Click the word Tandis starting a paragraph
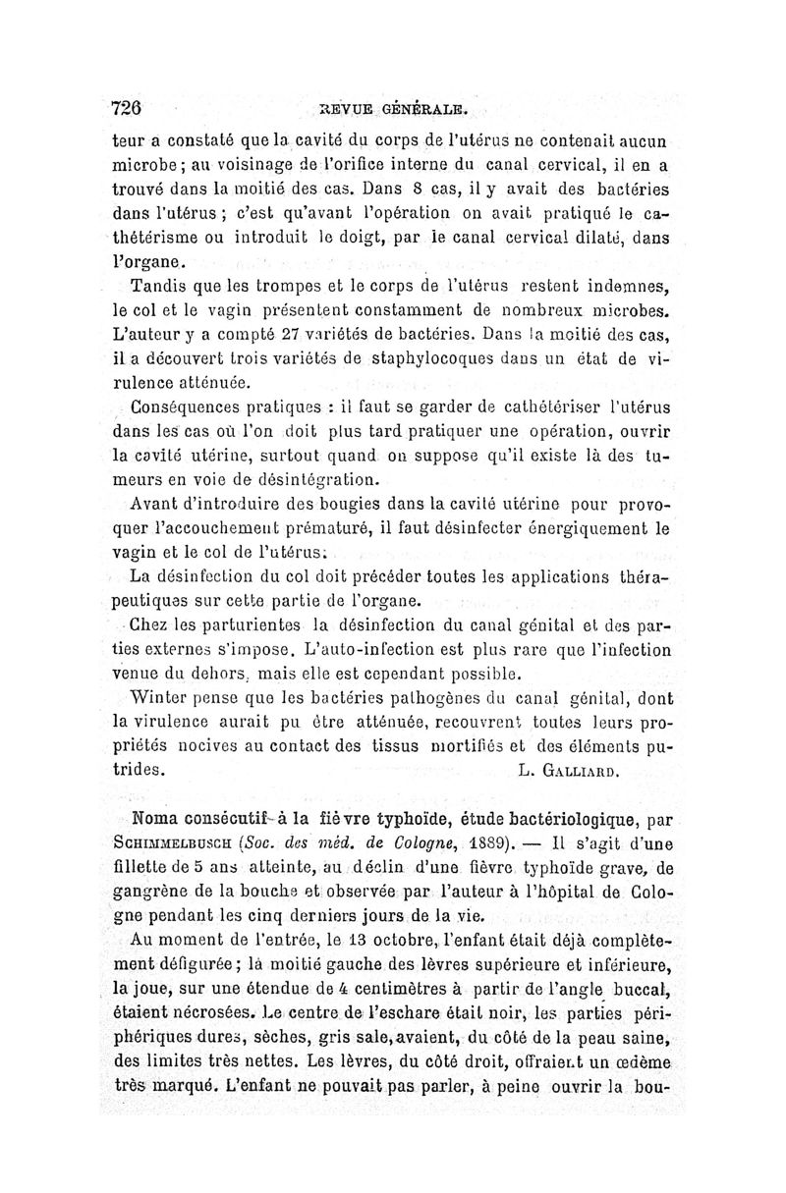pos(159,288)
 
